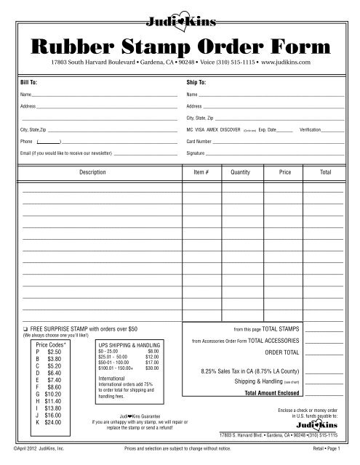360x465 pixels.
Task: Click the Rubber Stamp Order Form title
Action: click(180, 46)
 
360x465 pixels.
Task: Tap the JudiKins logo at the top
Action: click(179, 21)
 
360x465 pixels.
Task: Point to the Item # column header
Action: click(201, 174)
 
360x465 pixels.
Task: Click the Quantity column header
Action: click(240, 174)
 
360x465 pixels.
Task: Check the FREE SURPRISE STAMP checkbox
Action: click(25, 329)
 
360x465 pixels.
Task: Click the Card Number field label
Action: click(199, 141)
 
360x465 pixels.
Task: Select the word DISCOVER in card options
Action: click(231, 129)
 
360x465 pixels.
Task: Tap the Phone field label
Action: click(28, 141)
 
